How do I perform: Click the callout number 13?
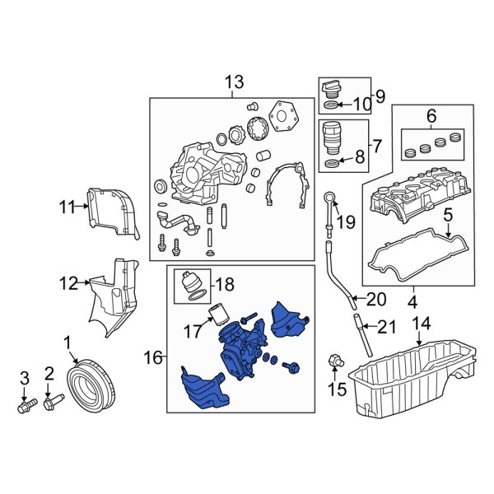[x=234, y=82]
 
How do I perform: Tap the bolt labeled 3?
[x=25, y=405]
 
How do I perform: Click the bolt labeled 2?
[x=53, y=403]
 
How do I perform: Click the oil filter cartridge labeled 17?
[x=219, y=315]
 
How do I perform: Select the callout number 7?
[x=376, y=147]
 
